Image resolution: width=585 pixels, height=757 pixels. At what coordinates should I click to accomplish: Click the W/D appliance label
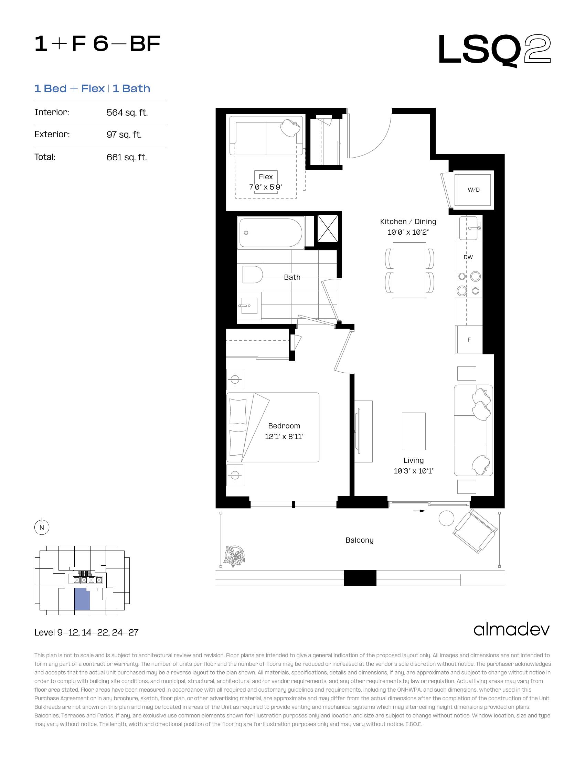[474, 190]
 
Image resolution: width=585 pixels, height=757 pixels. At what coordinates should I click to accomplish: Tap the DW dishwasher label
[468, 257]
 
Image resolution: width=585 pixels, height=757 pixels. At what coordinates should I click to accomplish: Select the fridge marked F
[469, 340]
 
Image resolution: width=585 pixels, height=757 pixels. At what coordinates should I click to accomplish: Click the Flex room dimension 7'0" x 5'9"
[266, 187]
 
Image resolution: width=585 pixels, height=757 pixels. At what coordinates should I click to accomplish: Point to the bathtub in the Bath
[271, 233]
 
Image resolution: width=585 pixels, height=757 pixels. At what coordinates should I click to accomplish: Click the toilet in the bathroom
[250, 275]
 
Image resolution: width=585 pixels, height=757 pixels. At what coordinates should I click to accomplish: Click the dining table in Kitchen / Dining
[409, 270]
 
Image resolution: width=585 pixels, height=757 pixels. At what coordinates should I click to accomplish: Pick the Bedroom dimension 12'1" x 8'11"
[284, 437]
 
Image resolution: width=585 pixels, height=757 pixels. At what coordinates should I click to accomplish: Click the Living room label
[413, 460]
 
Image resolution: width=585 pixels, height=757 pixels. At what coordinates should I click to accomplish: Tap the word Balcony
[359, 540]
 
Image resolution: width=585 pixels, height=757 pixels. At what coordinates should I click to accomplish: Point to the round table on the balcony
[446, 518]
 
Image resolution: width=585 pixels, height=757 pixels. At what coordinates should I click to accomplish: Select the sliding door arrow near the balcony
[419, 511]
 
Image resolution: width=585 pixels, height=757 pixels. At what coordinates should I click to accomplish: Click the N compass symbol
[42, 527]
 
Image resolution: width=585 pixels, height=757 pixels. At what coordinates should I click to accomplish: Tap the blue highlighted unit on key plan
[82, 599]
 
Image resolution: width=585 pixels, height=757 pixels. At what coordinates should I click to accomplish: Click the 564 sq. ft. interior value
[127, 113]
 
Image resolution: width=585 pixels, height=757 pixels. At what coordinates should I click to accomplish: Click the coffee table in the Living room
[413, 431]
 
